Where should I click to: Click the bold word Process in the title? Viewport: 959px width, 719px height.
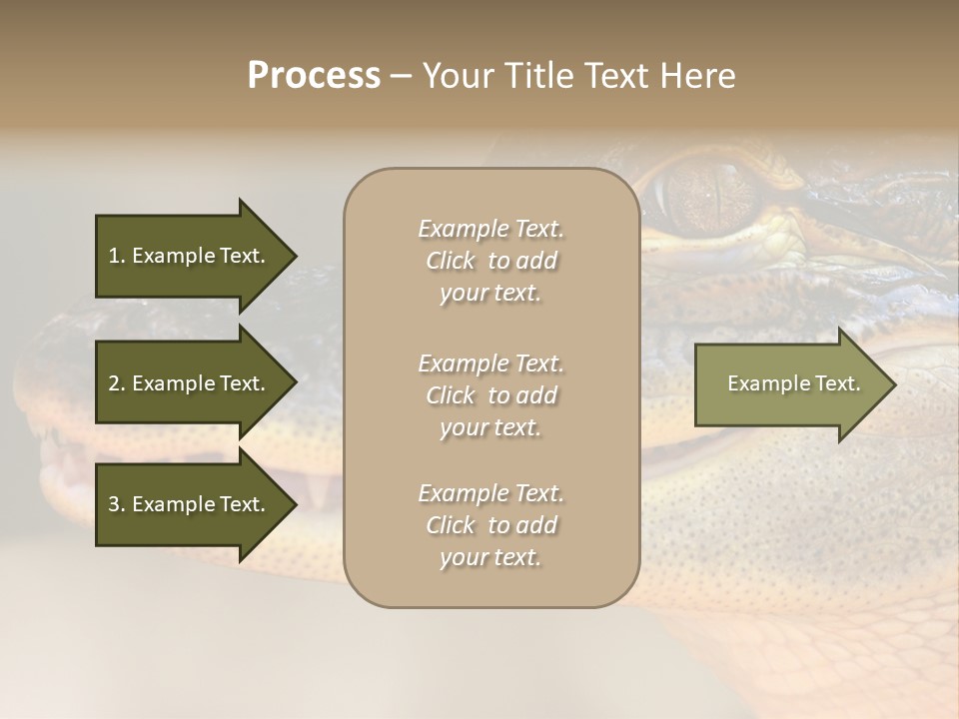[314, 76]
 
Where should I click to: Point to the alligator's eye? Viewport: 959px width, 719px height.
[704, 190]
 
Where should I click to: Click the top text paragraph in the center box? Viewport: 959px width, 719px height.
[490, 261]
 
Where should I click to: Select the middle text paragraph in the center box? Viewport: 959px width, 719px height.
[490, 395]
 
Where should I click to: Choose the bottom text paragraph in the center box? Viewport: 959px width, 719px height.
[490, 525]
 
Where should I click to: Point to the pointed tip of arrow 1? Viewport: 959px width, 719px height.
[295, 256]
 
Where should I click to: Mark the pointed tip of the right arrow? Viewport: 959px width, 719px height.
[894, 384]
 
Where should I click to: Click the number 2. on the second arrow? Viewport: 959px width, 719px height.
[117, 383]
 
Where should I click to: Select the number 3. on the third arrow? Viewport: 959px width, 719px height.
[117, 504]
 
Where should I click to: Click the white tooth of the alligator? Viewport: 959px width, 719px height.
[319, 489]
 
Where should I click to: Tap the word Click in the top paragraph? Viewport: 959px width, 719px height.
[451, 261]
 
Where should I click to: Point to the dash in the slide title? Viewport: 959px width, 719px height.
[401, 76]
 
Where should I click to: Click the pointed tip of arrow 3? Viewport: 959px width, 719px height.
[295, 504]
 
